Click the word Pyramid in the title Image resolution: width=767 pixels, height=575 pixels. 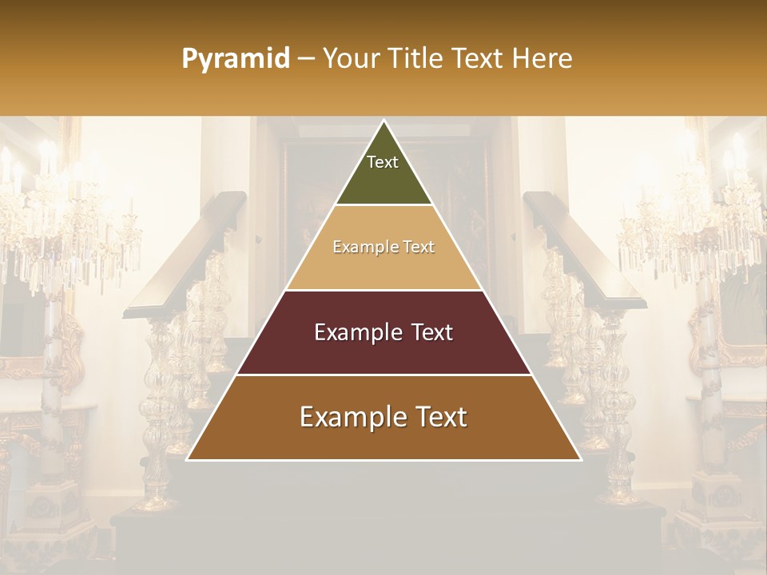click(235, 59)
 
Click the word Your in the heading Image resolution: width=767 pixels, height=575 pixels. click(348, 59)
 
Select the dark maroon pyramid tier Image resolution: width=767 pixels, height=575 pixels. click(383, 351)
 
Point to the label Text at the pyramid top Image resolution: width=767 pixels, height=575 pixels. click(383, 162)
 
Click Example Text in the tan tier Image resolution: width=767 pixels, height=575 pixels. click(383, 248)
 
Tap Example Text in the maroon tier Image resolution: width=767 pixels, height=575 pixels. click(383, 332)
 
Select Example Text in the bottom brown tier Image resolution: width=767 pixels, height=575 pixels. click(383, 417)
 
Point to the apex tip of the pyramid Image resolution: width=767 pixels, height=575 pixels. click(383, 122)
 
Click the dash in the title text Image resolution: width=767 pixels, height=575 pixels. click(306, 59)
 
